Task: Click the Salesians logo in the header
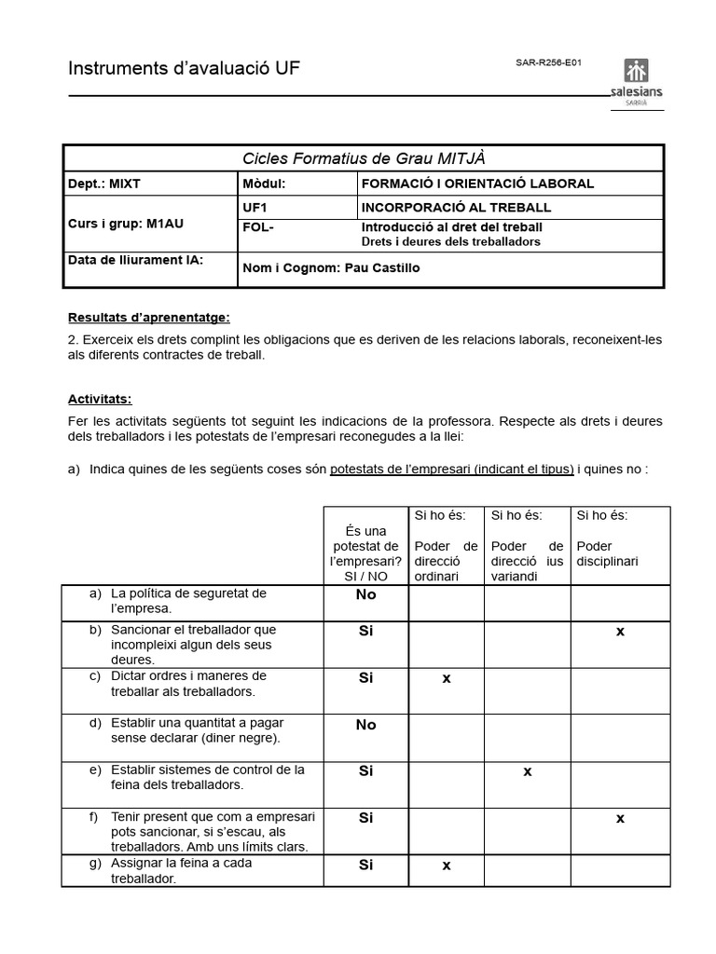pyautogui.click(x=636, y=84)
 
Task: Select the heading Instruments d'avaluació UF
pyautogui.click(x=184, y=69)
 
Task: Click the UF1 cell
pyautogui.click(x=254, y=207)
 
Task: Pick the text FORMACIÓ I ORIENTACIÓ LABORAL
pyautogui.click(x=476, y=184)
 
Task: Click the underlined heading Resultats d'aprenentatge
pyautogui.click(x=148, y=318)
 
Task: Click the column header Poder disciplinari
pyautogui.click(x=607, y=554)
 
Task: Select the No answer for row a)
pyautogui.click(x=365, y=594)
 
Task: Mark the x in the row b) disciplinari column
pyautogui.click(x=620, y=632)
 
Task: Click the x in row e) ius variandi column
pyautogui.click(x=527, y=771)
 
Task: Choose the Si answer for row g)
pyautogui.click(x=365, y=865)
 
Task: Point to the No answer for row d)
pyautogui.click(x=365, y=725)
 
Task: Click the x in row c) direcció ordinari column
pyautogui.click(x=447, y=678)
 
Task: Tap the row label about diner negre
pyautogui.click(x=195, y=730)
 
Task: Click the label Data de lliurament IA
pyautogui.click(x=135, y=260)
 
